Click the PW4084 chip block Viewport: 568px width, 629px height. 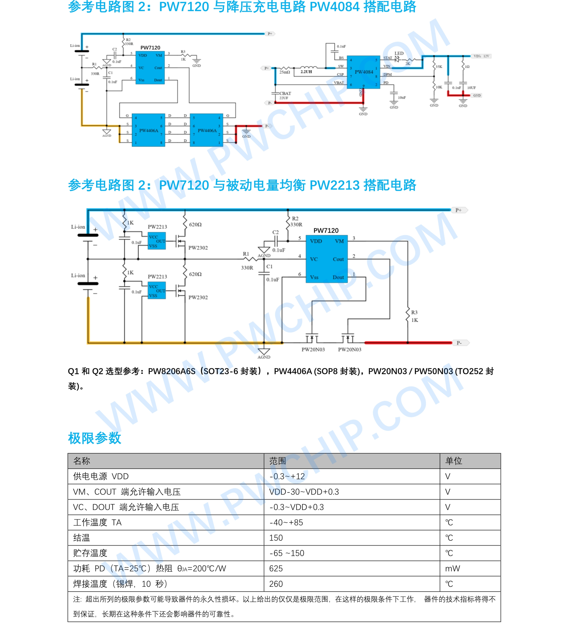tap(363, 72)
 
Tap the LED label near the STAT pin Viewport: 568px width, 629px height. tap(399, 53)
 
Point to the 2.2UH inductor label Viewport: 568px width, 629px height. tap(306, 72)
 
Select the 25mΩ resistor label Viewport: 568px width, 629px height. tap(285, 72)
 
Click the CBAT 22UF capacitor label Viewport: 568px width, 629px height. tap(285, 95)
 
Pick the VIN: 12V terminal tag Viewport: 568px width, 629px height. tap(481, 56)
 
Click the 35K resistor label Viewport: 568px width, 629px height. tap(439, 67)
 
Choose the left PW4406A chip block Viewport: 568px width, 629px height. tap(148, 130)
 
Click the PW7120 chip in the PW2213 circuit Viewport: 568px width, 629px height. tap(326, 259)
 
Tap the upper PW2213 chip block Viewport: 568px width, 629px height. tap(157, 241)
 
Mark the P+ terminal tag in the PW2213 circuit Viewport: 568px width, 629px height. tap(459, 210)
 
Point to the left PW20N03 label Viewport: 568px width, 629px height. tap(313, 350)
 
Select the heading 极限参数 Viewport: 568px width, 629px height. tap(94, 438)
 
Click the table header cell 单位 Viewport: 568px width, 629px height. tap(454, 461)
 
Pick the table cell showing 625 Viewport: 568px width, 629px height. tap(276, 569)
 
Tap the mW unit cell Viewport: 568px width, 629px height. tap(452, 569)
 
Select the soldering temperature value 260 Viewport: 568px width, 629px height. tap(276, 584)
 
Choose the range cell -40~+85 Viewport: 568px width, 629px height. tap(286, 523)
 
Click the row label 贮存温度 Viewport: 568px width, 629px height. tap(90, 553)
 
